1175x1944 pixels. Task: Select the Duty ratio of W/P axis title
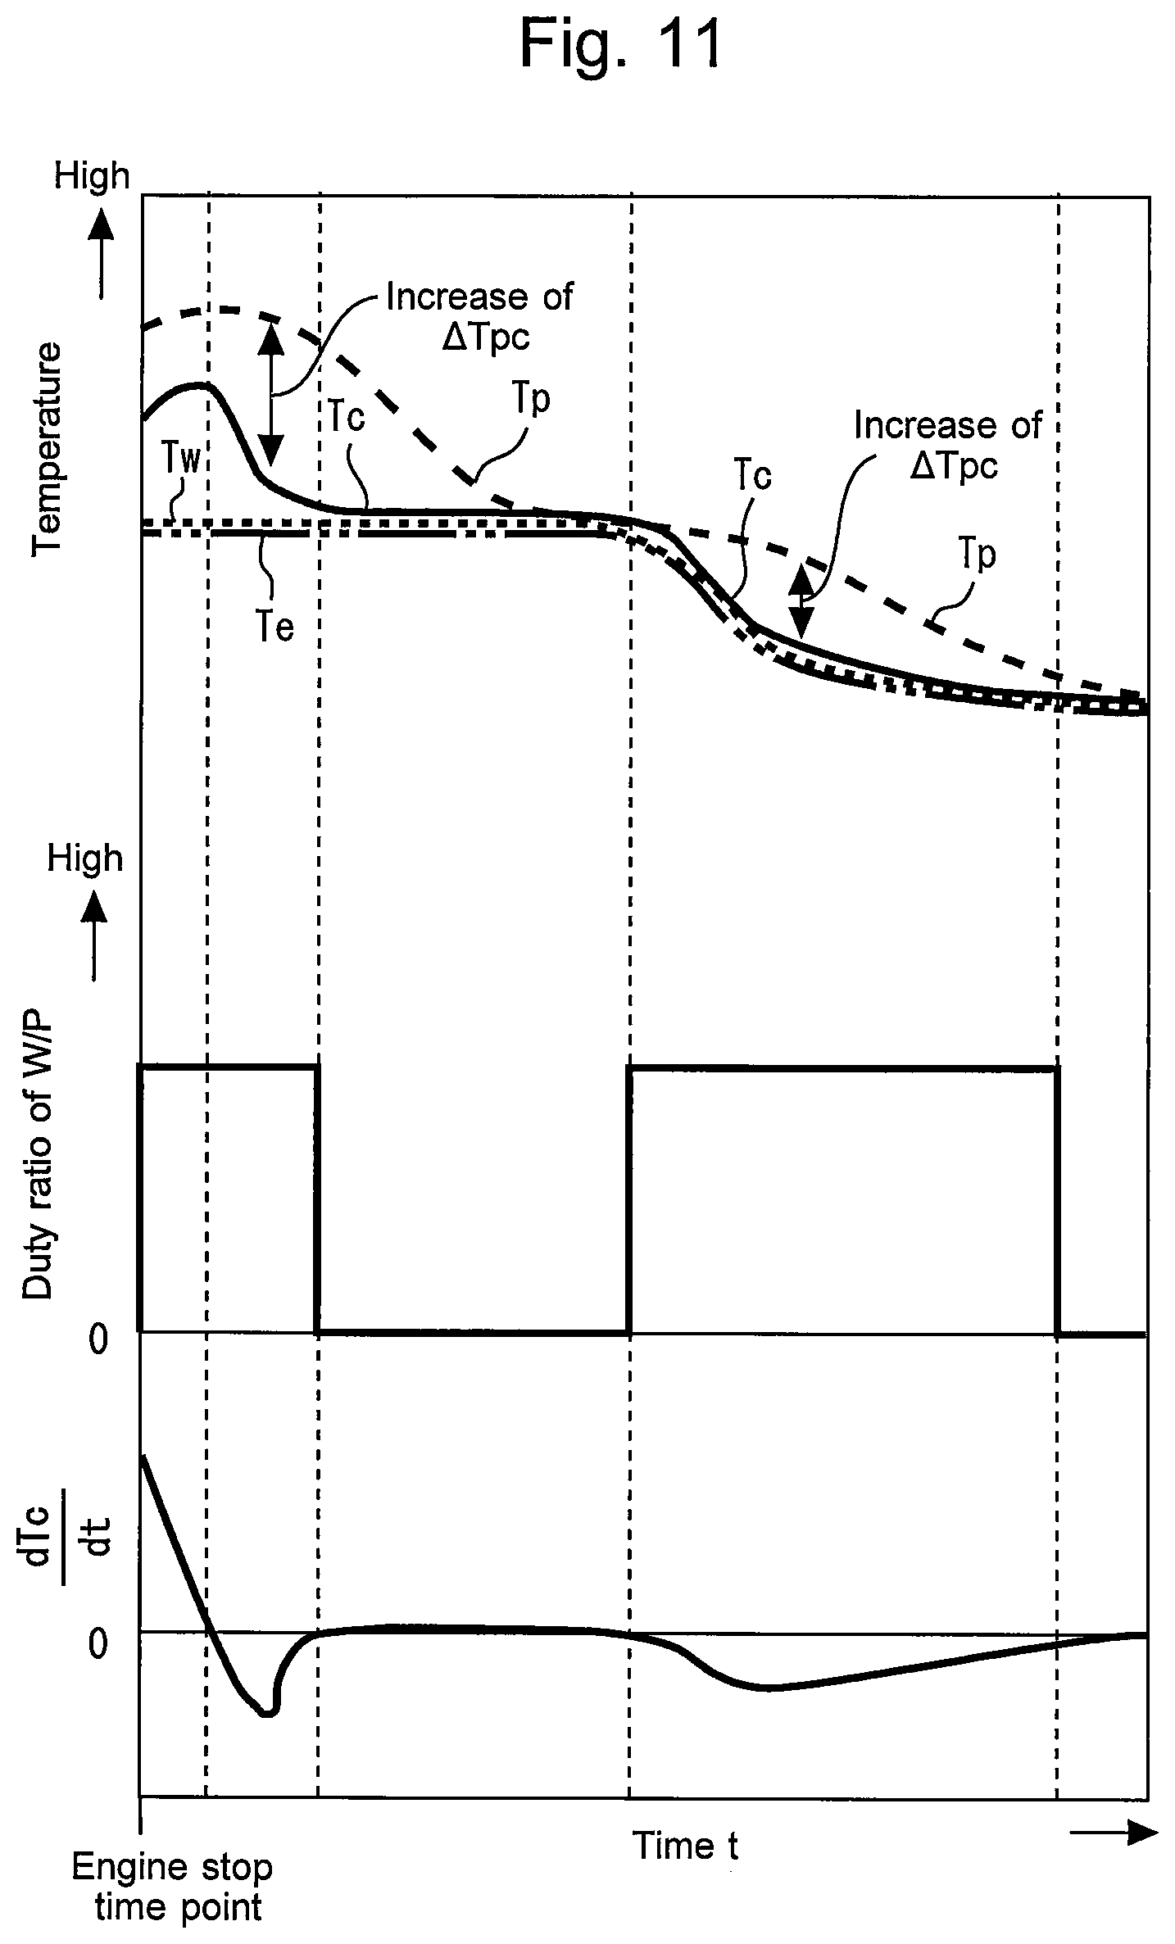pyautogui.click(x=38, y=1153)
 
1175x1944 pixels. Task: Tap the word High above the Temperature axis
pyautogui.click(x=92, y=176)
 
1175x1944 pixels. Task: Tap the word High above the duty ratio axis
pyautogui.click(x=85, y=859)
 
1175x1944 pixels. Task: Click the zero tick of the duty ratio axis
pyautogui.click(x=98, y=1339)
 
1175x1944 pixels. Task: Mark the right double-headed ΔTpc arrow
pyautogui.click(x=802, y=602)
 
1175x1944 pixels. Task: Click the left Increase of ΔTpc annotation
pyautogui.click(x=479, y=316)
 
